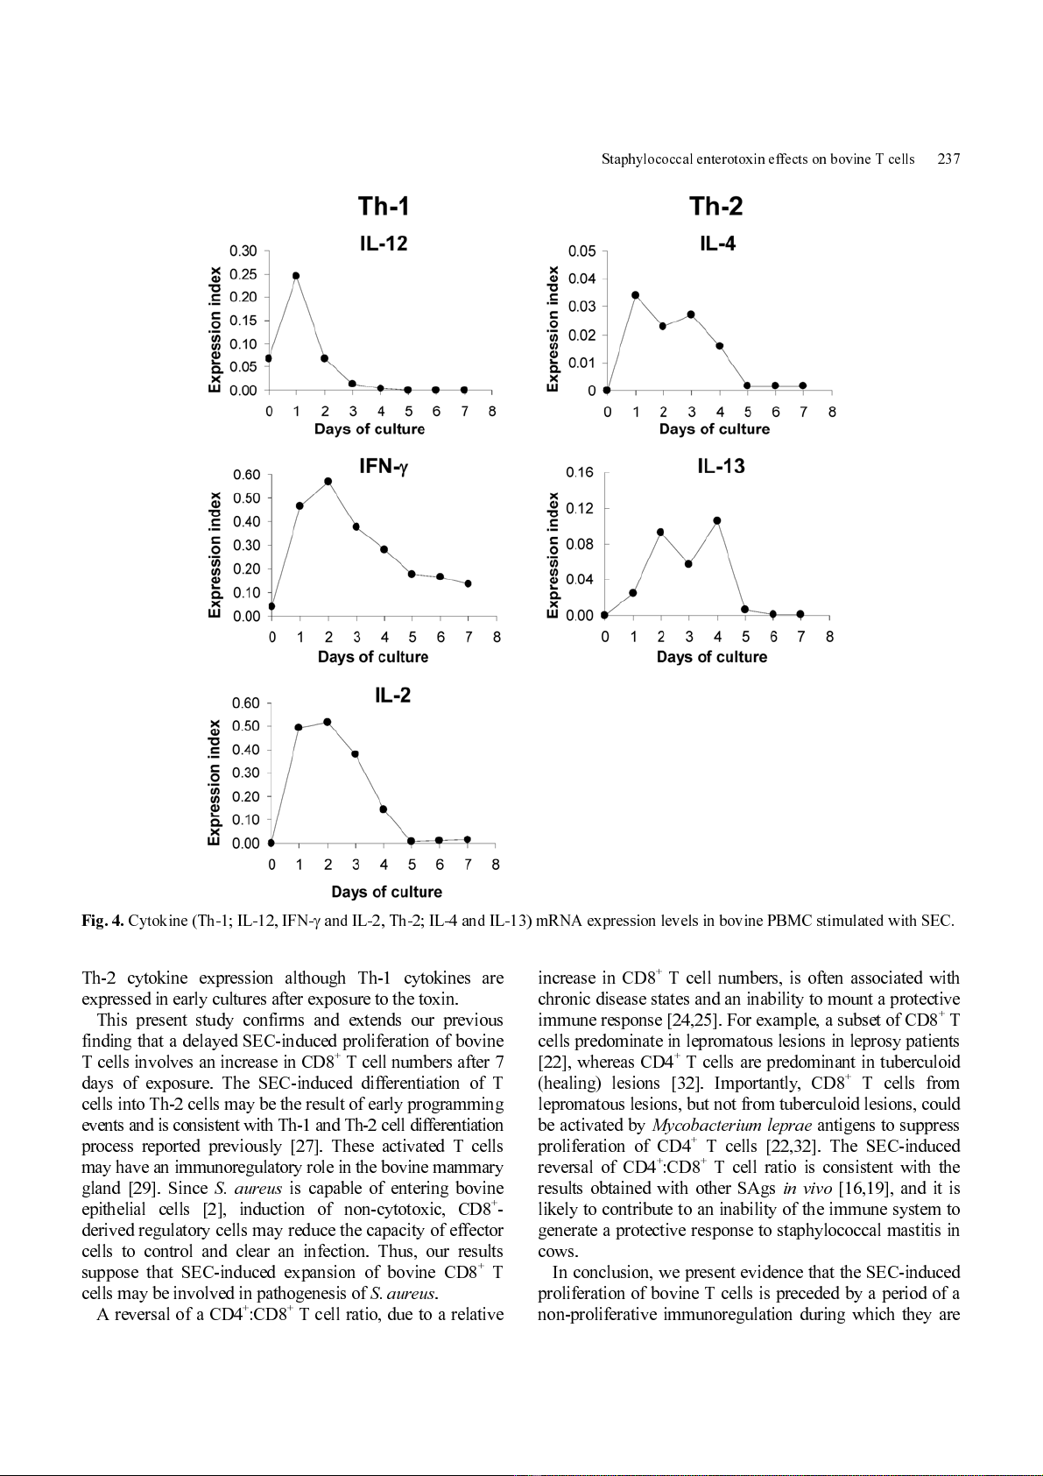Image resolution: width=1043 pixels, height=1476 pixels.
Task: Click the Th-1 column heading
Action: [x=384, y=207]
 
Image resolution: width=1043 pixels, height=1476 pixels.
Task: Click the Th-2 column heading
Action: [x=715, y=207]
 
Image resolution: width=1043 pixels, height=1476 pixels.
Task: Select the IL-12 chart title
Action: [x=384, y=244]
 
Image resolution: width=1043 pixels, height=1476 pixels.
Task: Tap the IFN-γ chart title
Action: [x=384, y=467]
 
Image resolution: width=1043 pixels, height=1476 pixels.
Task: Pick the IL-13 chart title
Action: [x=721, y=467]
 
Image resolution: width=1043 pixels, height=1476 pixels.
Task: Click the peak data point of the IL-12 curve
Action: [x=296, y=276]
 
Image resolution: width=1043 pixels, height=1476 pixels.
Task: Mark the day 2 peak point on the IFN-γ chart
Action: [x=328, y=481]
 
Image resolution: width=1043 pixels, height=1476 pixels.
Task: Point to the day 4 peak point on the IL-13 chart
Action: [x=717, y=520]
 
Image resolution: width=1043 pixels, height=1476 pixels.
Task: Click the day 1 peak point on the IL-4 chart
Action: [x=635, y=295]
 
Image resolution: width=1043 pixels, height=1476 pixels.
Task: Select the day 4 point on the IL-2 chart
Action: [x=384, y=809]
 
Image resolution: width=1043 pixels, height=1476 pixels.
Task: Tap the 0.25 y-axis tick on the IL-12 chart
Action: [x=243, y=274]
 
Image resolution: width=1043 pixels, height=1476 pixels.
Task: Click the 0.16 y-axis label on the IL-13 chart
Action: [x=580, y=473]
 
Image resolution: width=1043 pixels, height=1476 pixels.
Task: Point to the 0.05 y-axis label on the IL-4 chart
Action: [x=581, y=251]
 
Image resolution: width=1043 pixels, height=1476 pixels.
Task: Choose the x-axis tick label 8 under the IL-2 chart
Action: [x=496, y=865]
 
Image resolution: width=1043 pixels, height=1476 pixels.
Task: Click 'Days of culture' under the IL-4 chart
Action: [x=715, y=429]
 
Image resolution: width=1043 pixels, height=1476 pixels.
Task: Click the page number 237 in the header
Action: [x=948, y=159]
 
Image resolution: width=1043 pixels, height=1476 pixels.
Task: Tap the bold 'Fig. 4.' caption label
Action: [x=102, y=921]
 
